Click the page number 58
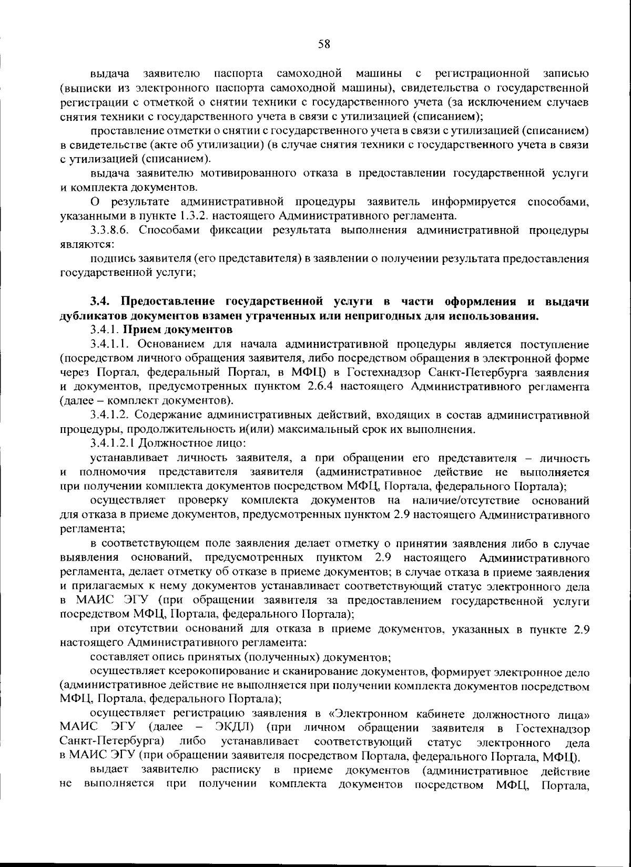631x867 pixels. click(324, 45)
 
